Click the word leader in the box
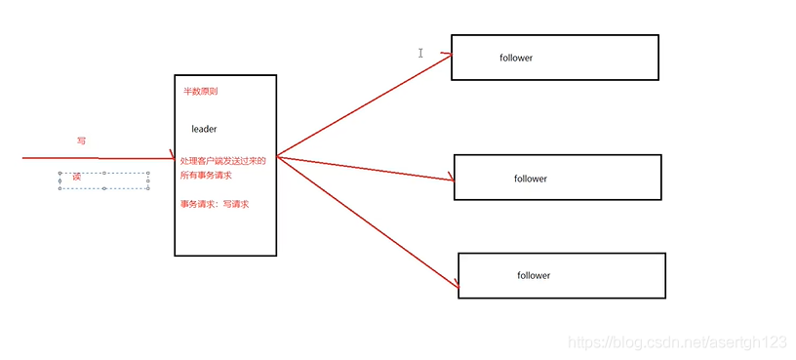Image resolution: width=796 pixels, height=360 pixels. coord(204,129)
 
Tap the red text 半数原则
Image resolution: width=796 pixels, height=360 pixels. coord(201,92)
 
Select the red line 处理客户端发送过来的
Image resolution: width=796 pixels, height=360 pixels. coord(222,160)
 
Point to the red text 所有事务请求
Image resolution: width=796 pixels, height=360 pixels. coord(206,176)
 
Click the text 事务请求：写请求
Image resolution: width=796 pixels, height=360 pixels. coord(215,204)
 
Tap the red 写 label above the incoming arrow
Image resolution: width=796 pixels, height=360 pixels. coord(81,141)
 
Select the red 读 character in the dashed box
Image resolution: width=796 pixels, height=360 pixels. coord(76,177)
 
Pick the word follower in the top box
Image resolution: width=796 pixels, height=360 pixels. coord(516,58)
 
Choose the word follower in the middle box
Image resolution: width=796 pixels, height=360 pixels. coord(531,179)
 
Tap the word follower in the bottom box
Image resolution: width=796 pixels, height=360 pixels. coord(534,275)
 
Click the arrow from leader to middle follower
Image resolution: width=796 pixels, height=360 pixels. coord(366,167)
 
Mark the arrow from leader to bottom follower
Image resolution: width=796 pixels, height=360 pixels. coord(366,221)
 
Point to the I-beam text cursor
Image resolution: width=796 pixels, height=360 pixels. coord(420,53)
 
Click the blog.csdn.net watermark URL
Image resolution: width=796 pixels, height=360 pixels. coord(677,342)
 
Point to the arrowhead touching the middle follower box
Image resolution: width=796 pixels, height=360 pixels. coord(452,178)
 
